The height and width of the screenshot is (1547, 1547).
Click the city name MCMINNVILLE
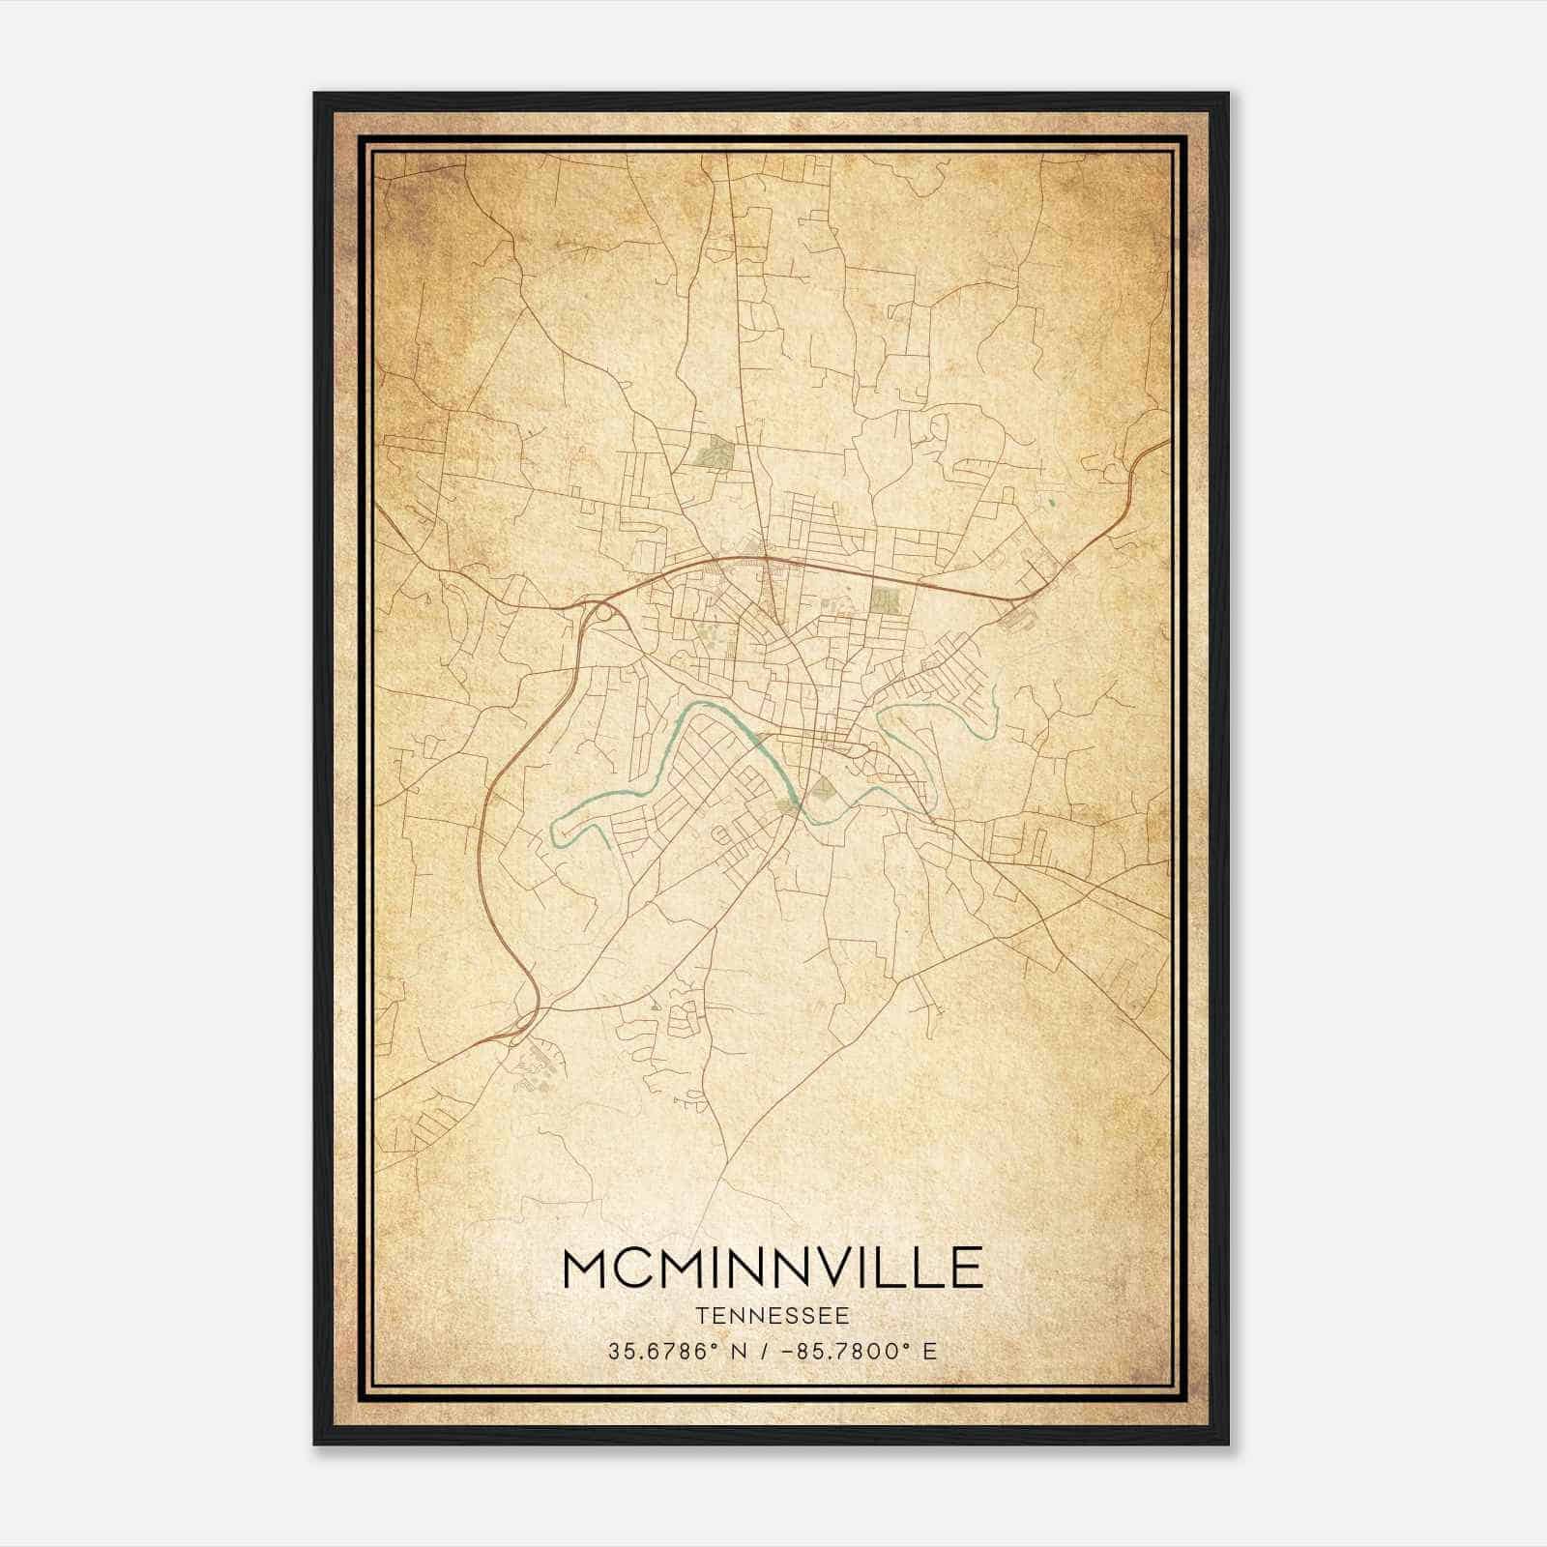click(772, 1268)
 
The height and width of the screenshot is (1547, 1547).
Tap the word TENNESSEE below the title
click(772, 1316)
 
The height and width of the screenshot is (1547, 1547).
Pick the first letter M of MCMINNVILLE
click(584, 1268)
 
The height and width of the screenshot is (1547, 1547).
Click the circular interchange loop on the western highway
click(603, 611)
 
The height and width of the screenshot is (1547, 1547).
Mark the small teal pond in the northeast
click(1051, 502)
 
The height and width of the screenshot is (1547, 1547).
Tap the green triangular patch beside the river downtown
click(822, 788)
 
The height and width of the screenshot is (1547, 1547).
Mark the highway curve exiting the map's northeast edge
click(1155, 450)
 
